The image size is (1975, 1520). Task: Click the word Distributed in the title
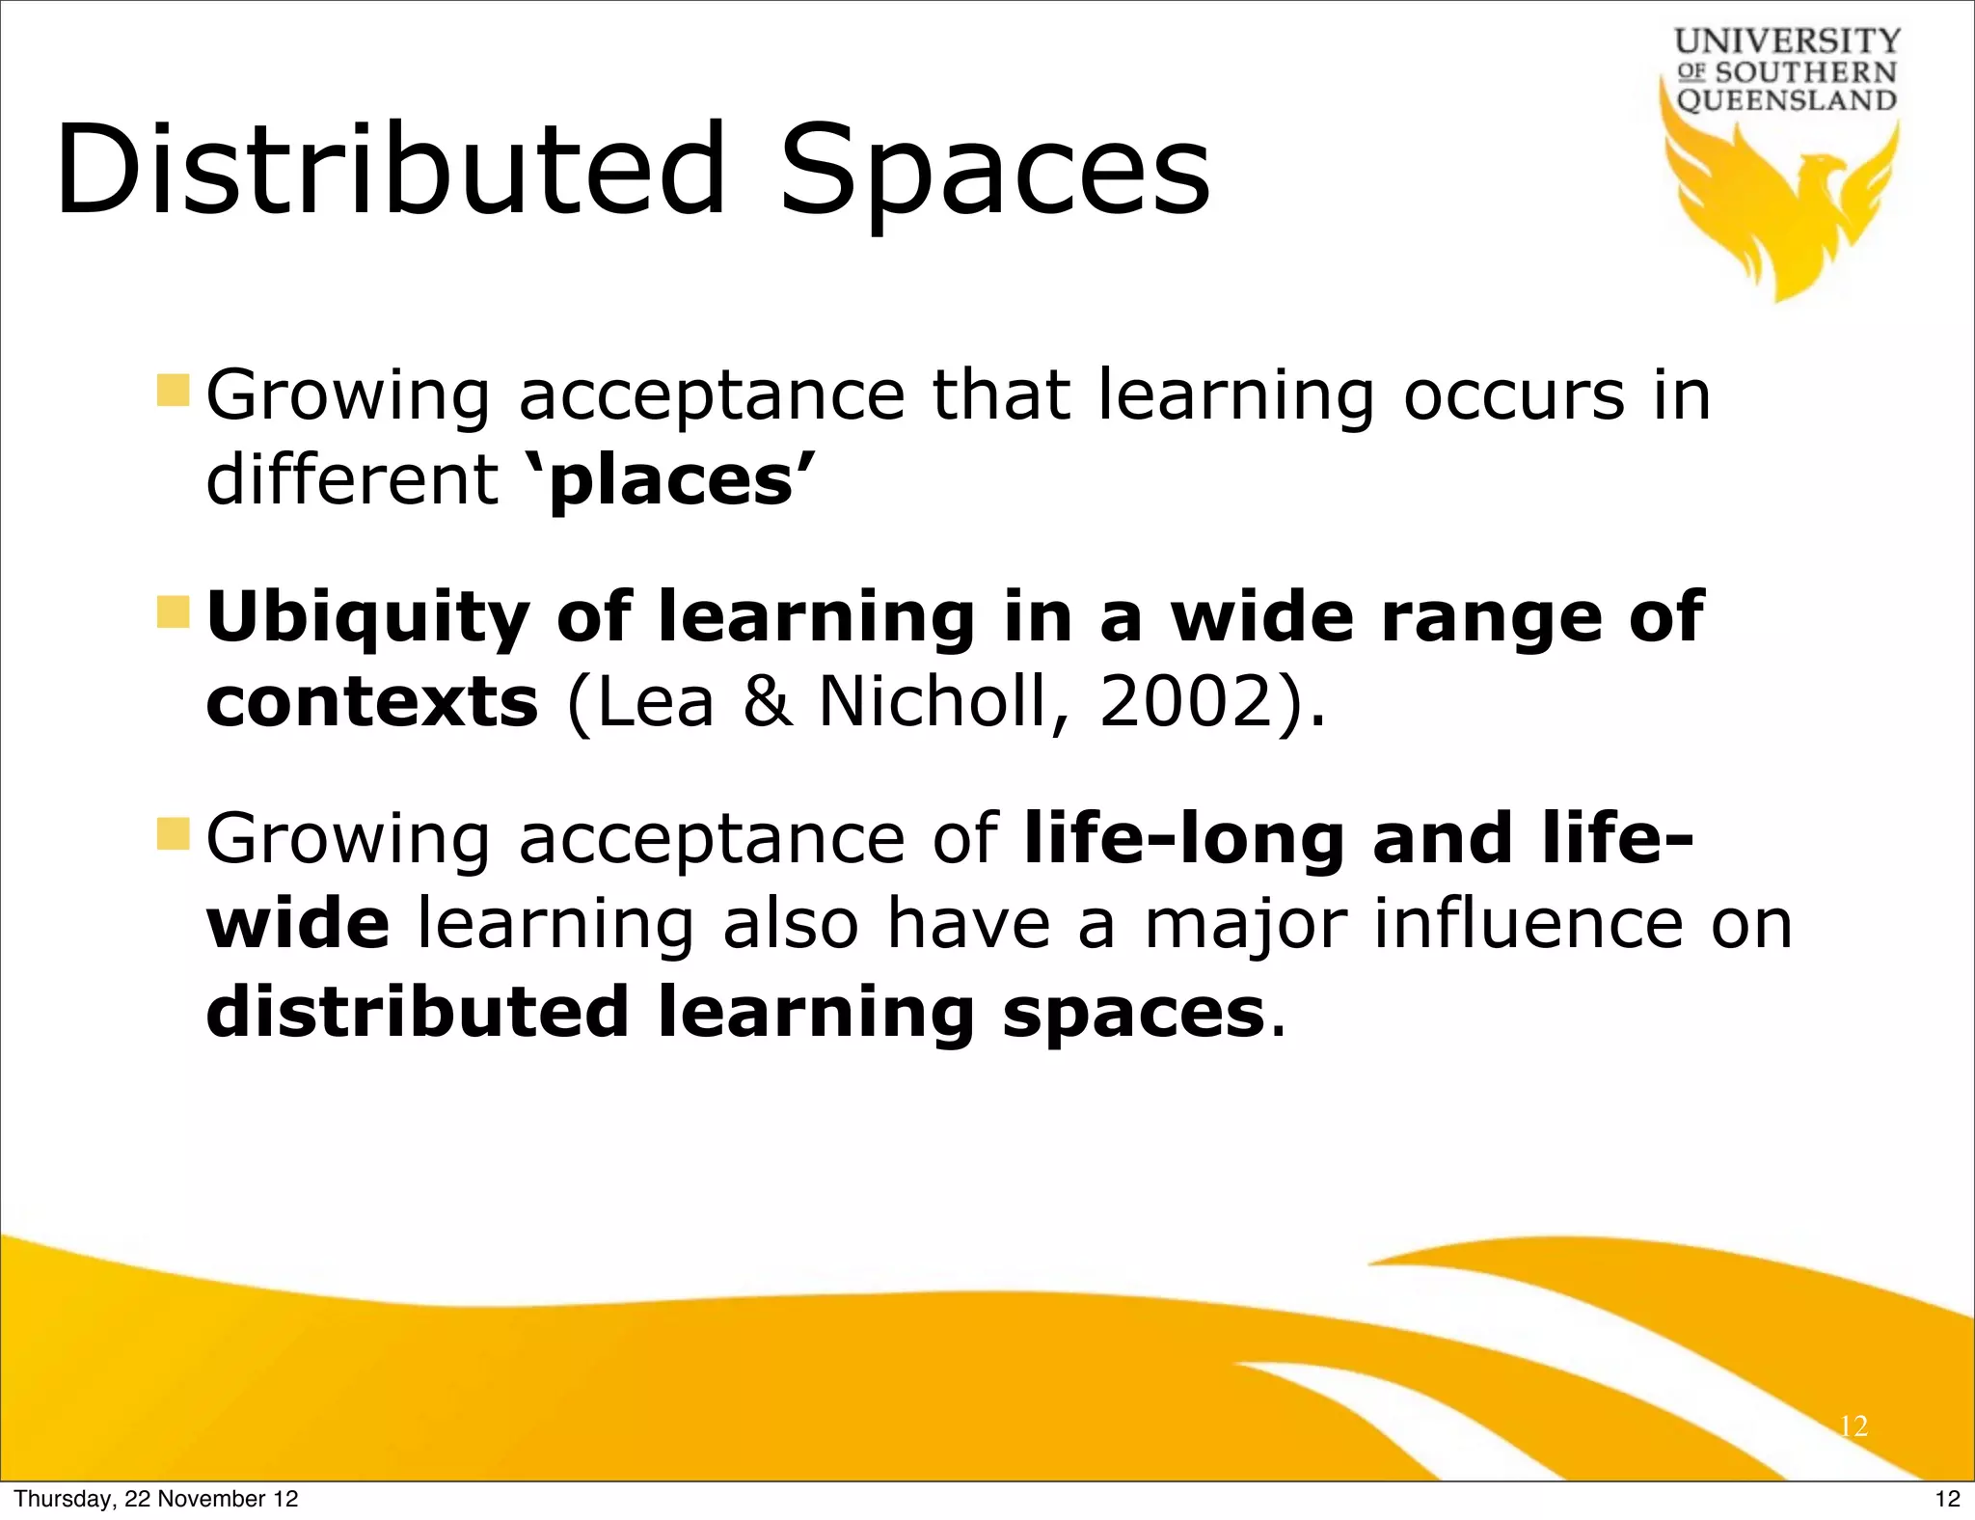pyautogui.click(x=390, y=171)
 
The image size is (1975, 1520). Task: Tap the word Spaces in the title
pyautogui.click(x=994, y=174)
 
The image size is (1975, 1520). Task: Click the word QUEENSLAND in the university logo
pyautogui.click(x=1787, y=100)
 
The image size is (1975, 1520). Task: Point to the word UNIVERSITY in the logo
pyautogui.click(x=1787, y=41)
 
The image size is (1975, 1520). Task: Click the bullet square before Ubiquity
pyautogui.click(x=174, y=611)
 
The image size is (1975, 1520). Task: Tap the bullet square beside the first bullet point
pyautogui.click(x=174, y=391)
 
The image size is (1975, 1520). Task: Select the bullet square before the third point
pyautogui.click(x=174, y=833)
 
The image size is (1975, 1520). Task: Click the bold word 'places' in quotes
pyautogui.click(x=671, y=481)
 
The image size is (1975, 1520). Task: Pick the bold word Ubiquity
pyautogui.click(x=367, y=618)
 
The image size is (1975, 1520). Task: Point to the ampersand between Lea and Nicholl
pyautogui.click(x=768, y=701)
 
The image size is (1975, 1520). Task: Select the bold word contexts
pyautogui.click(x=372, y=703)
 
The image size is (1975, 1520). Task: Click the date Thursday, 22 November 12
pyautogui.click(x=156, y=1499)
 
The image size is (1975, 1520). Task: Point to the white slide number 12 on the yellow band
pyautogui.click(x=1853, y=1426)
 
